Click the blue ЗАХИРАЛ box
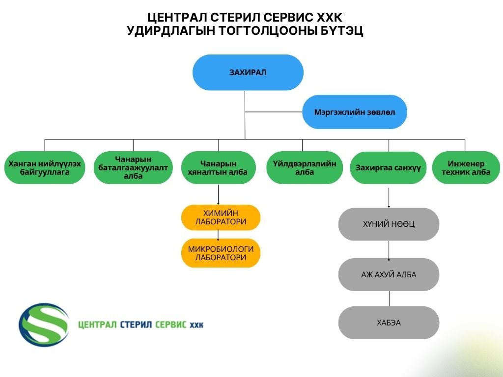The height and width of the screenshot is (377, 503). coord(248,72)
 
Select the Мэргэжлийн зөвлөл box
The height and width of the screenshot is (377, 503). coord(354,112)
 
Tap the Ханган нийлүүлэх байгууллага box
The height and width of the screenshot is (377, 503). coord(45,168)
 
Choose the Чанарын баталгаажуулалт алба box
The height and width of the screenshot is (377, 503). coord(133,168)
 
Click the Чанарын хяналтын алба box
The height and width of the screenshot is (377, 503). coord(219,168)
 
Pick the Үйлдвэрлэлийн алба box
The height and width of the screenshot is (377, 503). coord(305,168)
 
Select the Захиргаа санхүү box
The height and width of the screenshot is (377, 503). coord(388,168)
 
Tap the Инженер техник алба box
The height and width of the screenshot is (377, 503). coord(466,168)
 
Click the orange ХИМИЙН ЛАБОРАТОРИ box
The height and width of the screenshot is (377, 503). coord(221,217)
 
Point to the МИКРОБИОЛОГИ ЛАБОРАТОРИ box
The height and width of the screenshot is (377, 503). coord(221,253)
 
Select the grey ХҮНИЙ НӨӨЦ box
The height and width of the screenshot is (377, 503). coord(388,224)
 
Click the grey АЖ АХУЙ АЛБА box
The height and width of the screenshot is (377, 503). coord(388,274)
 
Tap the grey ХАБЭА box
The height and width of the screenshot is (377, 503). coord(388,323)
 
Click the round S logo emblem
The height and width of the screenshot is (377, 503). coord(44,323)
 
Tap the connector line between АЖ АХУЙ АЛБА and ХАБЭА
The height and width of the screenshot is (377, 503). coord(389,298)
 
